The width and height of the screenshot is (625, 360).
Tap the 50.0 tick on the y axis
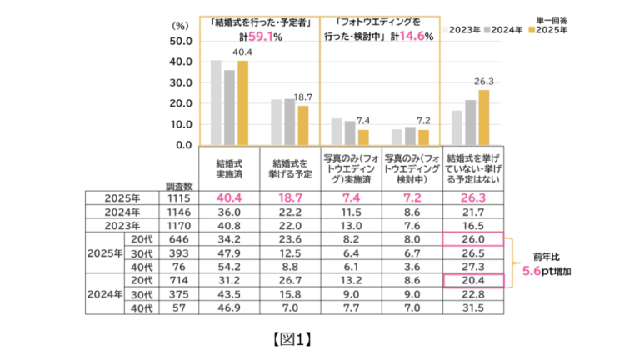(x=180, y=41)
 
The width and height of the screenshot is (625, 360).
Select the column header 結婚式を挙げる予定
(x=291, y=167)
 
